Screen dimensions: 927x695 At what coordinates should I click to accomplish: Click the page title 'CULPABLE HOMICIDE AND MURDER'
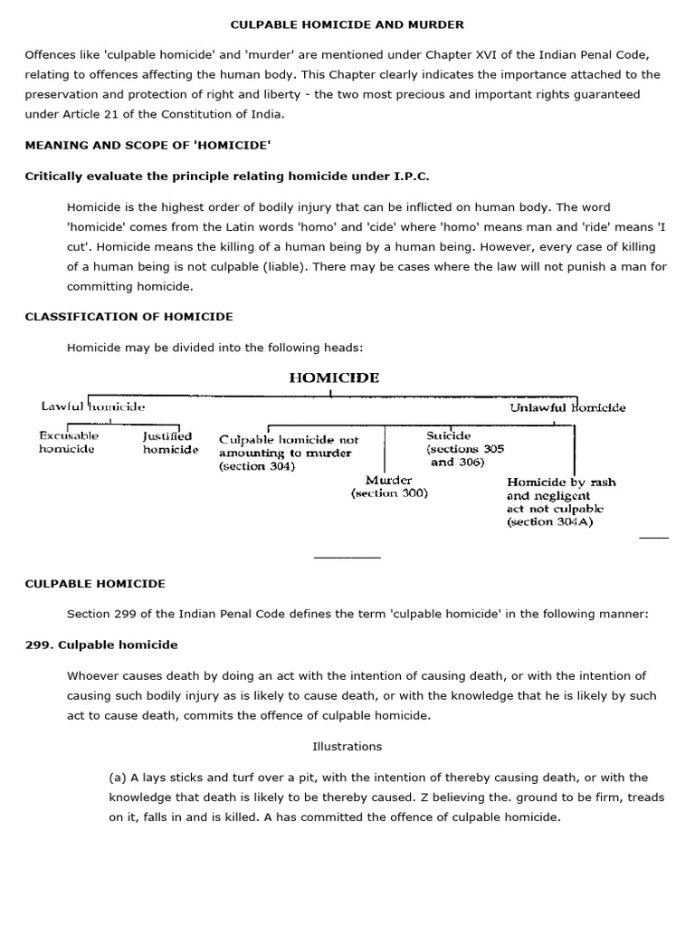347,24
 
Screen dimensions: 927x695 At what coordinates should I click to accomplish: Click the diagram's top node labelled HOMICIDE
334,377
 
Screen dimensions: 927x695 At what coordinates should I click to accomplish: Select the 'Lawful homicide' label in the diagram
93,407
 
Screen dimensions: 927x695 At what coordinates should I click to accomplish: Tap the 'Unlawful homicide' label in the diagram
567,407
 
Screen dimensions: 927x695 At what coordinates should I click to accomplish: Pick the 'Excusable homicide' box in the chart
69,443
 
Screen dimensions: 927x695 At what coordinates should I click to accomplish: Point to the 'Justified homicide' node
170,443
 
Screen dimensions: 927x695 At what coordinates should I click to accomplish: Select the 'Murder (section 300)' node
389,486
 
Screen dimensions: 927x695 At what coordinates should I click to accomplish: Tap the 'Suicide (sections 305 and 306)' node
464,449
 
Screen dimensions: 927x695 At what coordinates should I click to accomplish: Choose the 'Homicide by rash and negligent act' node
561,502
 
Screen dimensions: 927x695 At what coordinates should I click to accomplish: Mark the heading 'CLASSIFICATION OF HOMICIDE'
129,317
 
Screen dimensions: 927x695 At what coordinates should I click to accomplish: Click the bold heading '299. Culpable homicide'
101,645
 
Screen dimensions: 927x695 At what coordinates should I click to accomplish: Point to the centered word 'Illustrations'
347,747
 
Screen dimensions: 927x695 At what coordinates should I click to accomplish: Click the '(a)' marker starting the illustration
118,778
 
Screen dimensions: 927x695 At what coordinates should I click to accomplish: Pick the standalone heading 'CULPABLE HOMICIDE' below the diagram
95,584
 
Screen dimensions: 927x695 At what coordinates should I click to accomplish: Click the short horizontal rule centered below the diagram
347,558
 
